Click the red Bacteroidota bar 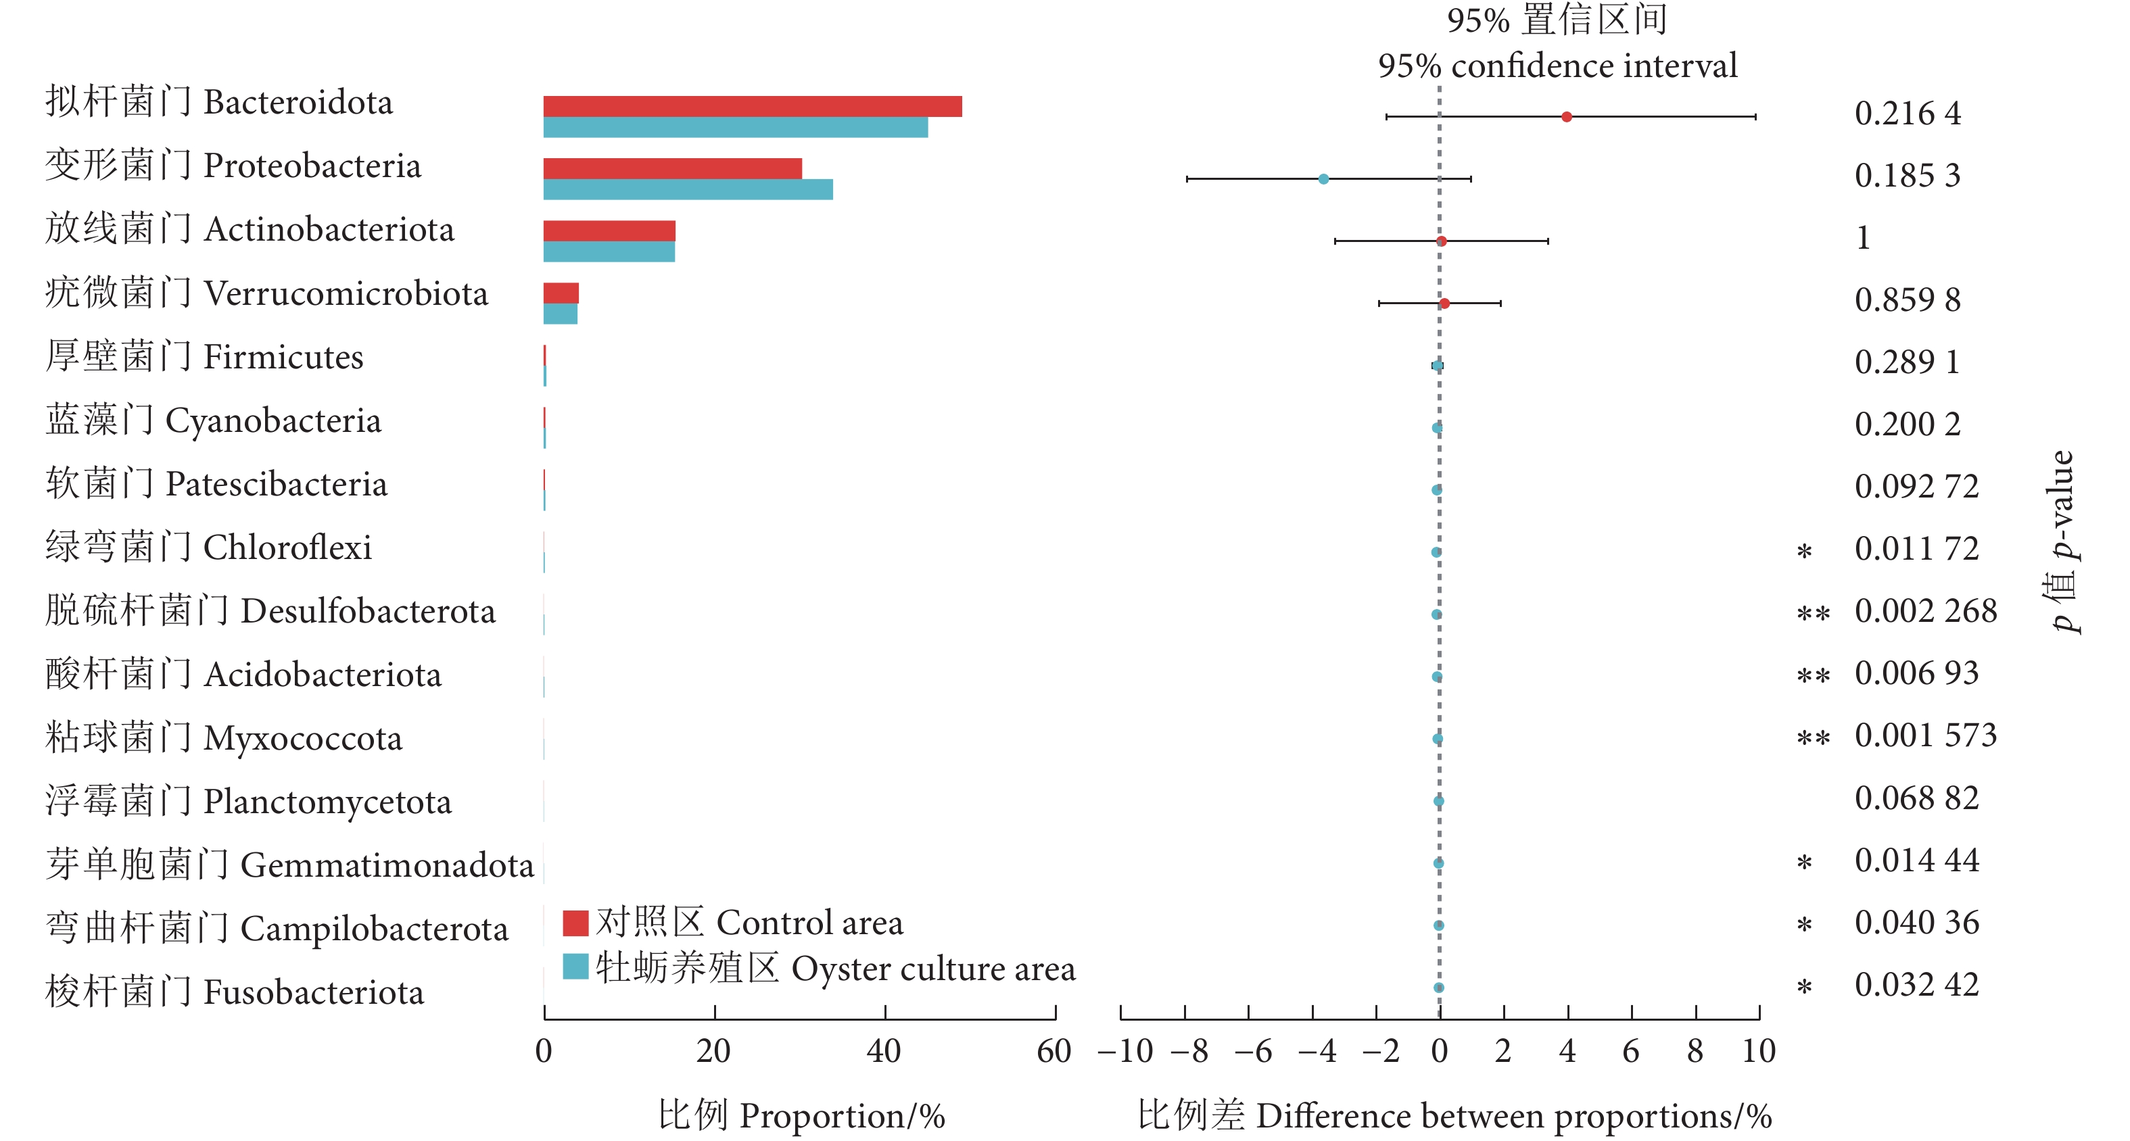point(753,107)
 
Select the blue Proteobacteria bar point(688,189)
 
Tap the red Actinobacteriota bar point(609,231)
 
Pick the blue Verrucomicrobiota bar point(561,314)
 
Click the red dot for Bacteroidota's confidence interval point(1566,116)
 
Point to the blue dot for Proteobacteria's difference point(1323,178)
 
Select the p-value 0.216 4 point(1907,114)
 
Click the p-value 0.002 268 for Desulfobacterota point(1925,611)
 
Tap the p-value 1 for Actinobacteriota point(1863,238)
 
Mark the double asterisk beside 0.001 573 point(1812,737)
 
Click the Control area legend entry point(732,923)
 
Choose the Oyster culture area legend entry point(819,968)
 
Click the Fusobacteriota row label point(235,992)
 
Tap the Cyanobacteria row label point(213,421)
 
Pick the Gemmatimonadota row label point(289,865)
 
